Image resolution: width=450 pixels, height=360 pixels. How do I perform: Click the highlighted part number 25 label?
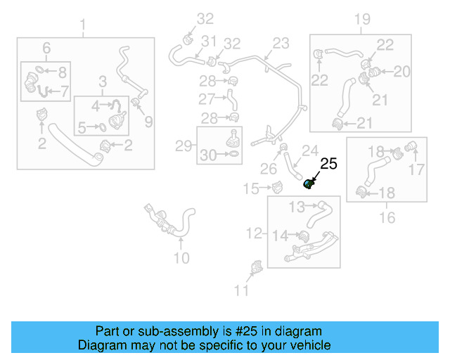click(x=329, y=165)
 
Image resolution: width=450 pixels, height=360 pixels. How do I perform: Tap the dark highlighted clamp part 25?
click(x=308, y=184)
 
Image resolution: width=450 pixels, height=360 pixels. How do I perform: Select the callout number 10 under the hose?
click(x=181, y=258)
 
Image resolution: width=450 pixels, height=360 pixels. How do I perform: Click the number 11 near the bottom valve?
click(x=241, y=290)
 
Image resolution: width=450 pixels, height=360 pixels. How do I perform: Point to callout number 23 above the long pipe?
click(x=281, y=44)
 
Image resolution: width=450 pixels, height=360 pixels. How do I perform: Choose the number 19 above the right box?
click(x=361, y=19)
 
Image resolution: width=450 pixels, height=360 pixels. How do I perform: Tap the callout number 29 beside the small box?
click(x=184, y=146)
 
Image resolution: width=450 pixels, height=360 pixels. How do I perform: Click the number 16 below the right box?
click(x=387, y=218)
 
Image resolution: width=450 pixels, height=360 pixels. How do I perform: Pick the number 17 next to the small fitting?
click(x=417, y=169)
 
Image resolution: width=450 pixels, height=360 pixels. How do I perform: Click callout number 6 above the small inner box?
click(x=46, y=49)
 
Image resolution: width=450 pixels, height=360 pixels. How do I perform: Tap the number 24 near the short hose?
click(x=310, y=150)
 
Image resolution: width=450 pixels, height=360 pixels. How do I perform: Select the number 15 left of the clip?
click(x=252, y=188)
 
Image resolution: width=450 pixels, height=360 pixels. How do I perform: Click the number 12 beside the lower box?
click(x=254, y=233)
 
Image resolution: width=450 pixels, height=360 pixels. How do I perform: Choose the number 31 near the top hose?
click(x=209, y=41)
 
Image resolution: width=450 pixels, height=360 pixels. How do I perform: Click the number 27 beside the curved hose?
click(x=206, y=98)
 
